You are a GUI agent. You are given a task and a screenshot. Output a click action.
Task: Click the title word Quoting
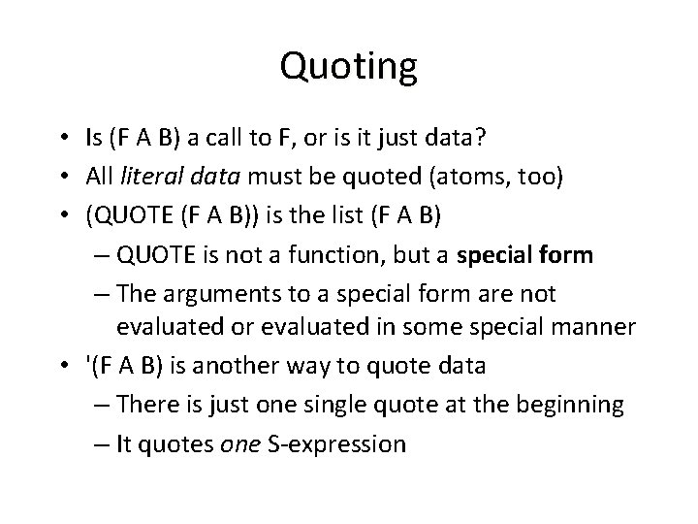click(348, 67)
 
